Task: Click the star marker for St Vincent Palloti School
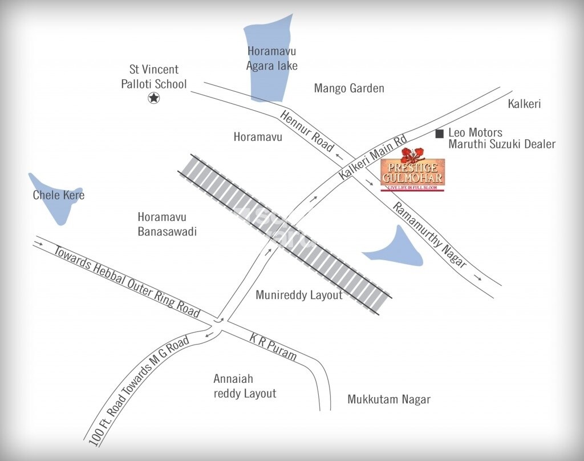coord(153,99)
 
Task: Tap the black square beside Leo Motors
coord(439,134)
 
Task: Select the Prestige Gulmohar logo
coord(412,173)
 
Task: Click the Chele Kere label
coord(59,195)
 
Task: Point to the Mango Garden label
coord(349,88)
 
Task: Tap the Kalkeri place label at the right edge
coord(524,104)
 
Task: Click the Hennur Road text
coord(307,131)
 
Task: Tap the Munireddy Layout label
coord(299,295)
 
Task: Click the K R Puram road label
coord(274,347)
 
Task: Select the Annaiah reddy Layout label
coord(244,386)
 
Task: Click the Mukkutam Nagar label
coord(389,399)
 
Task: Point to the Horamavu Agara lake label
coord(271,58)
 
